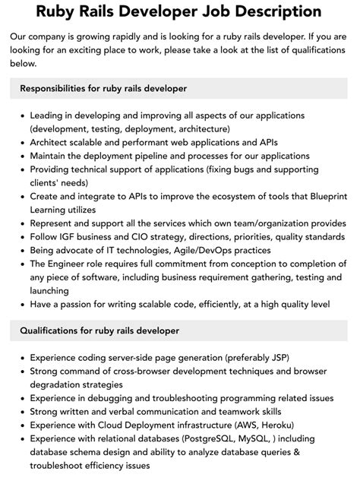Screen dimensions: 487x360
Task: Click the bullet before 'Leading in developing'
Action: pyautogui.click(x=21, y=115)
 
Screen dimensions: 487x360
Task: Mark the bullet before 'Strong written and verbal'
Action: pyautogui.click(x=21, y=412)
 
